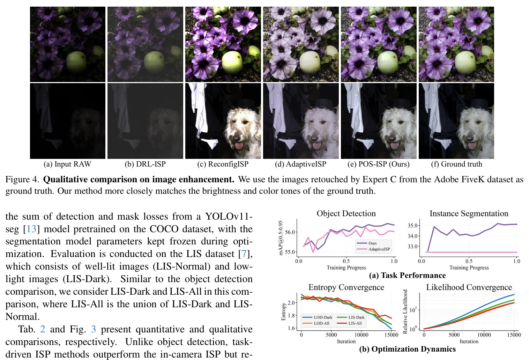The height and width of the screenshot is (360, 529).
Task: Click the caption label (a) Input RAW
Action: (x=67, y=164)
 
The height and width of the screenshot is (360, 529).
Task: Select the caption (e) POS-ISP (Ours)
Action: (x=378, y=164)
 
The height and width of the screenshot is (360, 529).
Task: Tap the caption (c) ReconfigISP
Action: (x=223, y=164)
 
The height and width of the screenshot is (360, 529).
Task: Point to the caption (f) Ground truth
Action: (x=456, y=164)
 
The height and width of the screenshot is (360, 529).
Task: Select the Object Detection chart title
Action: (x=346, y=213)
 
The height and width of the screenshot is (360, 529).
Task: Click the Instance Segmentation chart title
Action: (x=469, y=213)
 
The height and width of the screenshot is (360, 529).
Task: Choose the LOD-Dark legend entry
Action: (x=317, y=317)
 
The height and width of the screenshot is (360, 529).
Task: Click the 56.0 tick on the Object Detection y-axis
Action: (x=290, y=232)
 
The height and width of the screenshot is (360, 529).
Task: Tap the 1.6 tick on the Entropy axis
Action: (x=291, y=328)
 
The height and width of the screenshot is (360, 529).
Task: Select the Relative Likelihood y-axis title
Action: (x=405, y=311)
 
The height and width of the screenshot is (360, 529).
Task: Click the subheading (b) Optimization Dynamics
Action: (x=407, y=349)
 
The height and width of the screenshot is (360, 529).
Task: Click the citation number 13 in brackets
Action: (x=31, y=229)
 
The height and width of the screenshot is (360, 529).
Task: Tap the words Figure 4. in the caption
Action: (x=22, y=179)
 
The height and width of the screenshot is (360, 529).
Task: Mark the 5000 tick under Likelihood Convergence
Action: (x=454, y=335)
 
